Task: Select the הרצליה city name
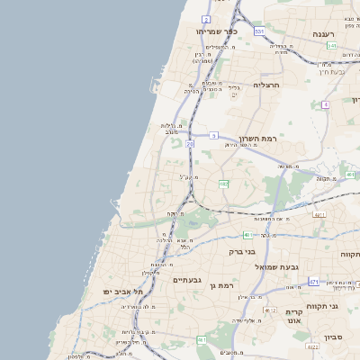tap(267, 85)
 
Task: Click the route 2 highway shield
tap(206, 19)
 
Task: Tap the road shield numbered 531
tap(259, 31)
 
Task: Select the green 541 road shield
tap(332, 45)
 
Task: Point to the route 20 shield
tap(190, 143)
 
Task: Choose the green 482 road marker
tap(223, 184)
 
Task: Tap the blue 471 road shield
tap(313, 282)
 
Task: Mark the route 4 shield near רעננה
tap(325, 104)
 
